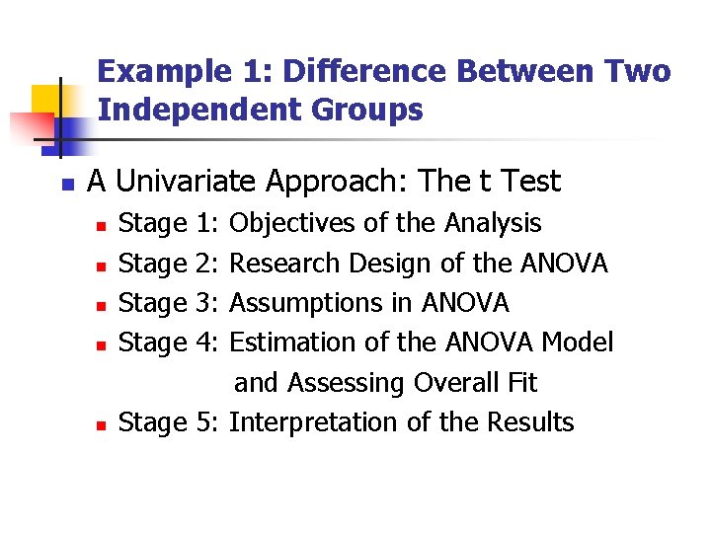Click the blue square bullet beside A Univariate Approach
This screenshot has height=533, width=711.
(x=67, y=184)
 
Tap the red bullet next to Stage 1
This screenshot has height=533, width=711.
(x=100, y=226)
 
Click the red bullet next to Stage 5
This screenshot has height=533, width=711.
(x=100, y=424)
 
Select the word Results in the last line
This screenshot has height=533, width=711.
(x=530, y=422)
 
